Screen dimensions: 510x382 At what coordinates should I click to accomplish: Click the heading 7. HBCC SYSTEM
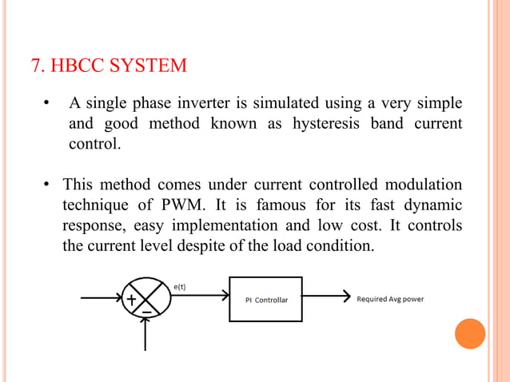[x=109, y=65]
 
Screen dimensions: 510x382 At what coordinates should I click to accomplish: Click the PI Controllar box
[x=265, y=300]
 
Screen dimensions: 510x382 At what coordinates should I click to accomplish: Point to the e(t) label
[x=181, y=283]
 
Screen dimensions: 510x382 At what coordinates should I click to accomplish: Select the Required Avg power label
[x=390, y=300]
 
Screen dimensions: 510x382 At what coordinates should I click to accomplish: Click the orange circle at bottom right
[x=469, y=333]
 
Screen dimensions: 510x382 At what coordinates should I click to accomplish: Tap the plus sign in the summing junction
[x=130, y=300]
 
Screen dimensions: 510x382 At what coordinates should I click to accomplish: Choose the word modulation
[x=416, y=185]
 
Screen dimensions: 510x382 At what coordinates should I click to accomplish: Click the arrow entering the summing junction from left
[x=100, y=300]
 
